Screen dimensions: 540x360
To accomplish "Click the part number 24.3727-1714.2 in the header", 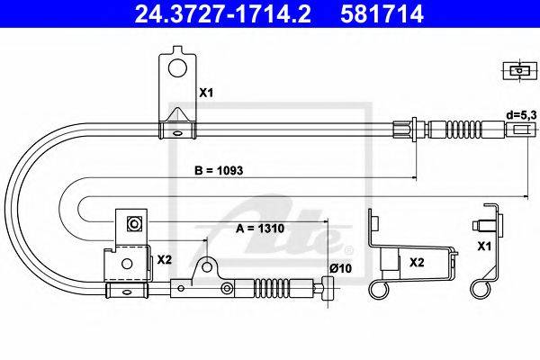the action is click(x=222, y=14).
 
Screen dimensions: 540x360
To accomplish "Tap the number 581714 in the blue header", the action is click(x=382, y=14).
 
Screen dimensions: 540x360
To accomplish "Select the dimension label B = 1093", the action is click(x=219, y=170).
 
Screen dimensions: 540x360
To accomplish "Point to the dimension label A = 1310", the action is click(x=260, y=229).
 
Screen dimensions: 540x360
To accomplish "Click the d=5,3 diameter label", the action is click(x=521, y=116).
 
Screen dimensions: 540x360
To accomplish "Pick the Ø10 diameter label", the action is click(x=340, y=268).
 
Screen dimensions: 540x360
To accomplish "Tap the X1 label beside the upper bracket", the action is click(x=207, y=93).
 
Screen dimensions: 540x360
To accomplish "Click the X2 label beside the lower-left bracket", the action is click(x=165, y=260).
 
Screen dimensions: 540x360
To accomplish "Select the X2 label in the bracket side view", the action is click(x=417, y=263).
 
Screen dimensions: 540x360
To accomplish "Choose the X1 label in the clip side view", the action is click(x=484, y=246).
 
